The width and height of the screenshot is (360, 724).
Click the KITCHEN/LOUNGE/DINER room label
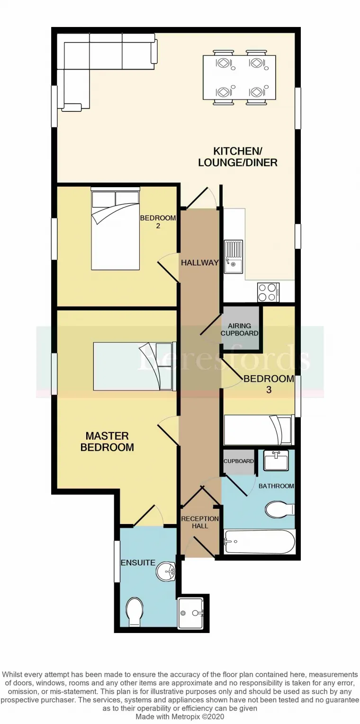point(237,157)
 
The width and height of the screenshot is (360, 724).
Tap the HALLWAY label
point(199,262)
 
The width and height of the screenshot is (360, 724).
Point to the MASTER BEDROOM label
point(107,442)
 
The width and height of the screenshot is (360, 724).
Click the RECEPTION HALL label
point(200,522)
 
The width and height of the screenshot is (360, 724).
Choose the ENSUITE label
point(138,562)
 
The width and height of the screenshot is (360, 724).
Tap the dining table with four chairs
point(239,77)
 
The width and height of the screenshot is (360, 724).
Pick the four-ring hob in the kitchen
point(268,292)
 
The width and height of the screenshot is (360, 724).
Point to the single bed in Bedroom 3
point(258,429)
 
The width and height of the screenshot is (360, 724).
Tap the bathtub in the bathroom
point(260,542)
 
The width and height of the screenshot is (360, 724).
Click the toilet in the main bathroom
point(279,510)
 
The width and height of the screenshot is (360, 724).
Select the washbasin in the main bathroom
point(276,460)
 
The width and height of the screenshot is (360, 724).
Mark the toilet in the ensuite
point(135,612)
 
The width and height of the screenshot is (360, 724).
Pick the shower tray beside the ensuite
point(191,613)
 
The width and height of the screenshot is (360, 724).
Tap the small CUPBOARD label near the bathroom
point(239,461)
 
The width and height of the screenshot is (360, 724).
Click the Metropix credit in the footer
point(180,716)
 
